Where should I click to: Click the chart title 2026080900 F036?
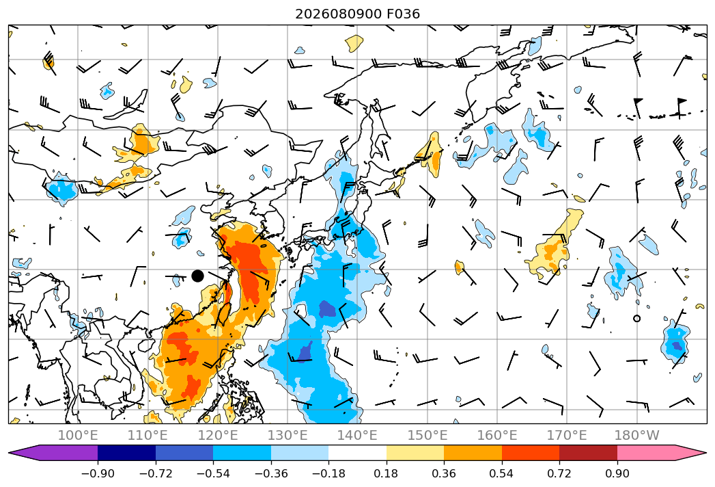(358, 14)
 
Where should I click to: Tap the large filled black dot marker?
(197, 276)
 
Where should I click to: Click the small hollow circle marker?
(637, 319)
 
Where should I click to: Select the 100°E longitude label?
(78, 436)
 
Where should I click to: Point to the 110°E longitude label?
(148, 436)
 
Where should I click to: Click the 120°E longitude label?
(218, 436)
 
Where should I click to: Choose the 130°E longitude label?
(288, 436)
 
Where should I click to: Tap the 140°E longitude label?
(357, 436)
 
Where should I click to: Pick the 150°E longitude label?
(427, 436)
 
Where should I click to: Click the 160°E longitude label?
(497, 436)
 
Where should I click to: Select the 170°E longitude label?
(567, 436)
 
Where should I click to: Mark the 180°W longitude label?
(637, 436)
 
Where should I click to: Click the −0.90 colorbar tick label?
(98, 473)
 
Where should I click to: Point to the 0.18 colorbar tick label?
(387, 473)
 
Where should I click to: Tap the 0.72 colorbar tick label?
(559, 473)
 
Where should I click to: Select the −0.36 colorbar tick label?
(271, 473)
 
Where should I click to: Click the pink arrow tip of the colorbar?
(706, 453)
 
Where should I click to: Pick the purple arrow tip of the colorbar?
(10, 453)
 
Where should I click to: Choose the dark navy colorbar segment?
(127, 453)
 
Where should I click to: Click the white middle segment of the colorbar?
(358, 453)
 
